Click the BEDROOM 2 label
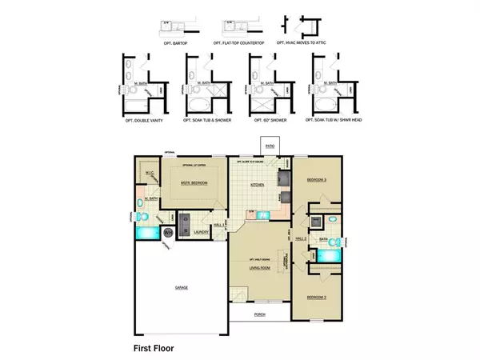[x=318, y=297]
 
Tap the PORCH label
[x=260, y=314]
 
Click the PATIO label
[x=270, y=146]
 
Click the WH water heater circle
[x=169, y=234]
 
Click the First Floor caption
[x=153, y=348]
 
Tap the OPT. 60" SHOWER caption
[x=269, y=121]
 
